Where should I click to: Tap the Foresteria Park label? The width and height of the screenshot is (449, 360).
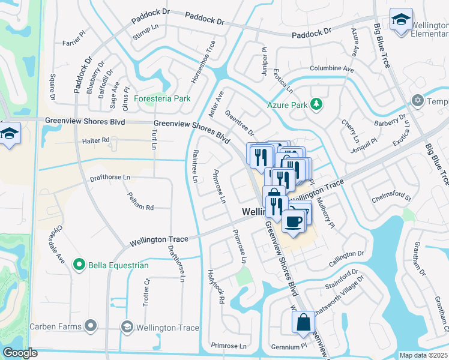tap(162, 98)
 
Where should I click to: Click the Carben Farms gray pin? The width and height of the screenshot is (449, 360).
tap(91, 326)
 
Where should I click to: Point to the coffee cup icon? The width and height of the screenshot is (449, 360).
tap(293, 221)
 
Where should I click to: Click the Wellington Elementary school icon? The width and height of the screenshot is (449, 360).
tap(400, 20)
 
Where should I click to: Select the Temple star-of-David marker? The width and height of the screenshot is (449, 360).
tap(418, 101)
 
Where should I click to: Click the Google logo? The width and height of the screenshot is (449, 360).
tap(20, 353)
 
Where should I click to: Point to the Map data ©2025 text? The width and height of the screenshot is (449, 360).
tap(423, 355)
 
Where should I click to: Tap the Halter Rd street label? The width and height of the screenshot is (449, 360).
tap(97, 140)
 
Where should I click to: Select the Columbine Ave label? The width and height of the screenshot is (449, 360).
tap(331, 69)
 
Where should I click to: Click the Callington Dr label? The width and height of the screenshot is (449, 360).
tap(346, 259)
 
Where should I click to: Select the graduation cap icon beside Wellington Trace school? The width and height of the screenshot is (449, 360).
tap(127, 327)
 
